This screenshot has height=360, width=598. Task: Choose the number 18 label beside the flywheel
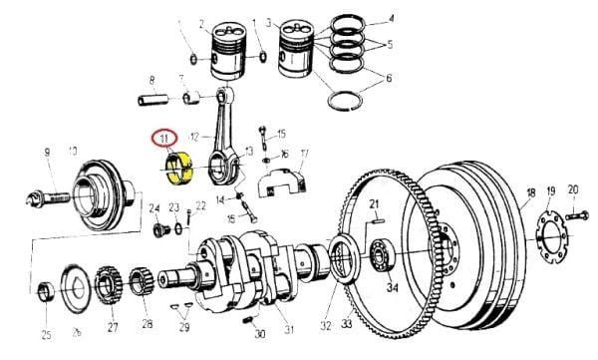point(530,192)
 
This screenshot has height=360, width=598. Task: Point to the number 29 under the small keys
point(182,326)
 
